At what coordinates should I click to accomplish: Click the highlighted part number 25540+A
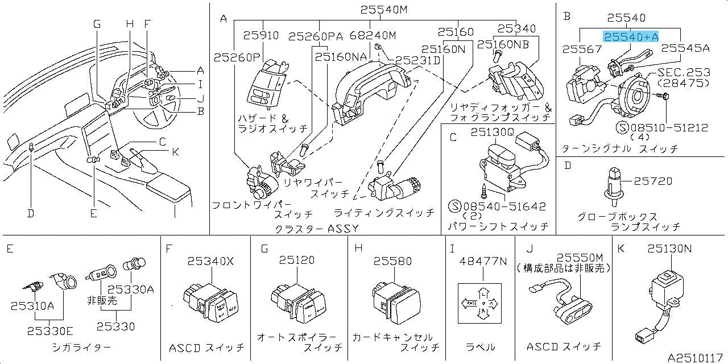coord(631,36)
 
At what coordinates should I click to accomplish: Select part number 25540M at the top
coord(384,10)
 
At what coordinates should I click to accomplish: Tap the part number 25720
coord(653,181)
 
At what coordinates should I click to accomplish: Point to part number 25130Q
coord(493,132)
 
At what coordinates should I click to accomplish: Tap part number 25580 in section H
coord(392,260)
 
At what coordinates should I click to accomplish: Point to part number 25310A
coord(32,305)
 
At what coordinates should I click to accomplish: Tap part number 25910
coord(261,35)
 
